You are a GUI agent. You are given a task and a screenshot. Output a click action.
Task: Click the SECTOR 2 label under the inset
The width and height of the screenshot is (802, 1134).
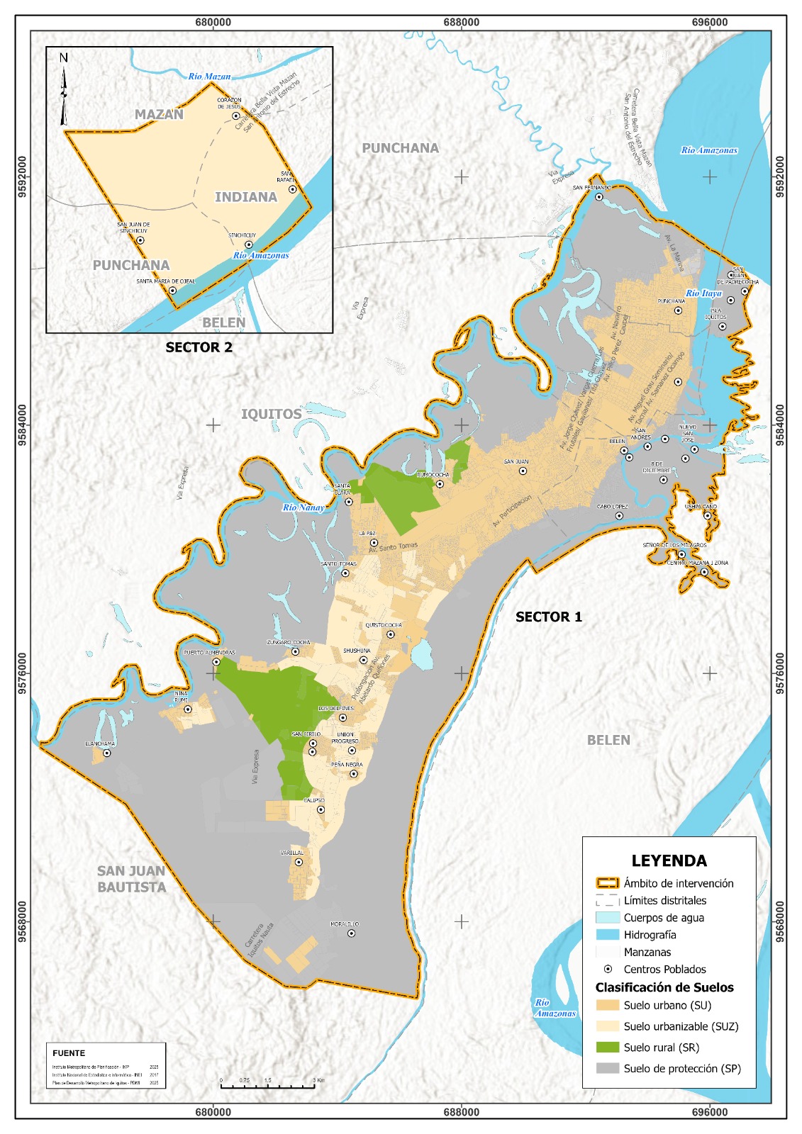pyautogui.click(x=199, y=347)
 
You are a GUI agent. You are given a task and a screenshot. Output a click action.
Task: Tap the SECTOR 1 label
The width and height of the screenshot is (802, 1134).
pyautogui.click(x=548, y=617)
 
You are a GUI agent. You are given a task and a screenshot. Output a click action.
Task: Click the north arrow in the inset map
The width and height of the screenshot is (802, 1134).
pyautogui.click(x=64, y=89)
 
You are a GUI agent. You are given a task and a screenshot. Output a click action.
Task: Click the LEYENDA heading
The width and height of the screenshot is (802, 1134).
pyautogui.click(x=669, y=860)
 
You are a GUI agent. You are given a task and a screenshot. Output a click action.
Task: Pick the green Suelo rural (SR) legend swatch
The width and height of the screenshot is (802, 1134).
pyautogui.click(x=607, y=1047)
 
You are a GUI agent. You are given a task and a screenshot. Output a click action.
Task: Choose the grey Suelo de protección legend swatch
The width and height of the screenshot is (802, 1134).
pyautogui.click(x=607, y=1068)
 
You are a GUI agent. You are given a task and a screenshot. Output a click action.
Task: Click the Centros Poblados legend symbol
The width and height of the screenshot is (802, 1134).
pyautogui.click(x=608, y=969)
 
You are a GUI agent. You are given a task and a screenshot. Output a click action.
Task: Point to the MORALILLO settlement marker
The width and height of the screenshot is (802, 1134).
pyautogui.click(x=351, y=933)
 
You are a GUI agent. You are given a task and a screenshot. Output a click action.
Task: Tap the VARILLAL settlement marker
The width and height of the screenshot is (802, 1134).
pyautogui.click(x=299, y=863)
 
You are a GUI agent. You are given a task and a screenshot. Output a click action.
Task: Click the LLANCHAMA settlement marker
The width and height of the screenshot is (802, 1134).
pyautogui.click(x=107, y=753)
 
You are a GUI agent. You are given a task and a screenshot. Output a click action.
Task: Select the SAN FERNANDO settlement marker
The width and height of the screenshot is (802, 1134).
pyautogui.click(x=598, y=197)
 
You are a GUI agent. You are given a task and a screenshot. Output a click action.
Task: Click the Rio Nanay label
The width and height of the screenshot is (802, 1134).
pyautogui.click(x=303, y=507)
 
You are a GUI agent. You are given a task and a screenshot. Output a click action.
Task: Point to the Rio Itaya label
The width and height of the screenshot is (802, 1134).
pyautogui.click(x=703, y=293)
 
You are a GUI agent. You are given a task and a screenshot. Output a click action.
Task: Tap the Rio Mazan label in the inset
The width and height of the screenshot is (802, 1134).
pyautogui.click(x=209, y=77)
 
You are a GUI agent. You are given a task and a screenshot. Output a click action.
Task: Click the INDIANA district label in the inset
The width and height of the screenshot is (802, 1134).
pyautogui.click(x=246, y=197)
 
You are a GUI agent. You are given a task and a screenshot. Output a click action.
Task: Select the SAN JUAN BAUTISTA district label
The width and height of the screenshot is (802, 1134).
pyautogui.click(x=131, y=879)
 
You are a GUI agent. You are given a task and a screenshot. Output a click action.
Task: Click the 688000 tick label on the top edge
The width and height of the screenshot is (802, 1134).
pyautogui.click(x=461, y=22)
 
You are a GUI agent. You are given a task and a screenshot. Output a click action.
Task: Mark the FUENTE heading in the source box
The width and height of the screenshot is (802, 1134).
pyautogui.click(x=69, y=1053)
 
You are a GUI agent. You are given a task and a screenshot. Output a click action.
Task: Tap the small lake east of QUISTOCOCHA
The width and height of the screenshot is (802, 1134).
pyautogui.click(x=423, y=654)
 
